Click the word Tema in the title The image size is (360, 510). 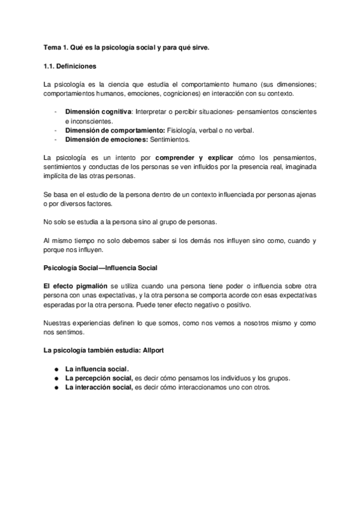coord(52,47)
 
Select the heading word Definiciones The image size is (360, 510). coord(78,66)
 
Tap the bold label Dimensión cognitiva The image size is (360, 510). coord(99,111)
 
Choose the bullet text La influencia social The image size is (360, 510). coord(97,369)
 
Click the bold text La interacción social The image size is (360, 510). coord(99,387)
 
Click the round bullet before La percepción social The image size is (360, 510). coord(55,378)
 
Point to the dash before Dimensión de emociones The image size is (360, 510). coord(55,140)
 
